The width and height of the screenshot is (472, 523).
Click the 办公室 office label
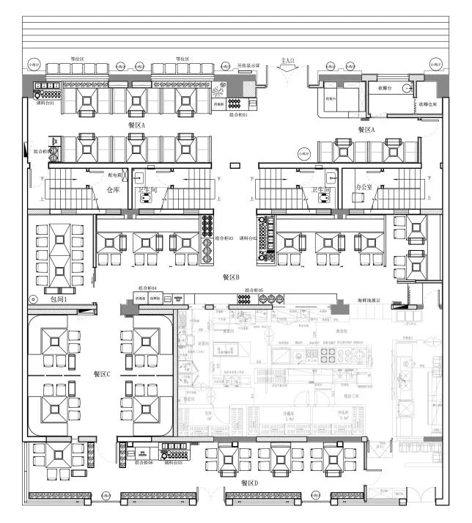(x=364, y=188)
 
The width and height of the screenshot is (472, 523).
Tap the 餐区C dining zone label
(x=102, y=374)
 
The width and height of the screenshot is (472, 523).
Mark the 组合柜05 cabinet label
(x=254, y=290)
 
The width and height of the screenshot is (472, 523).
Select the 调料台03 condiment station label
(x=174, y=464)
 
